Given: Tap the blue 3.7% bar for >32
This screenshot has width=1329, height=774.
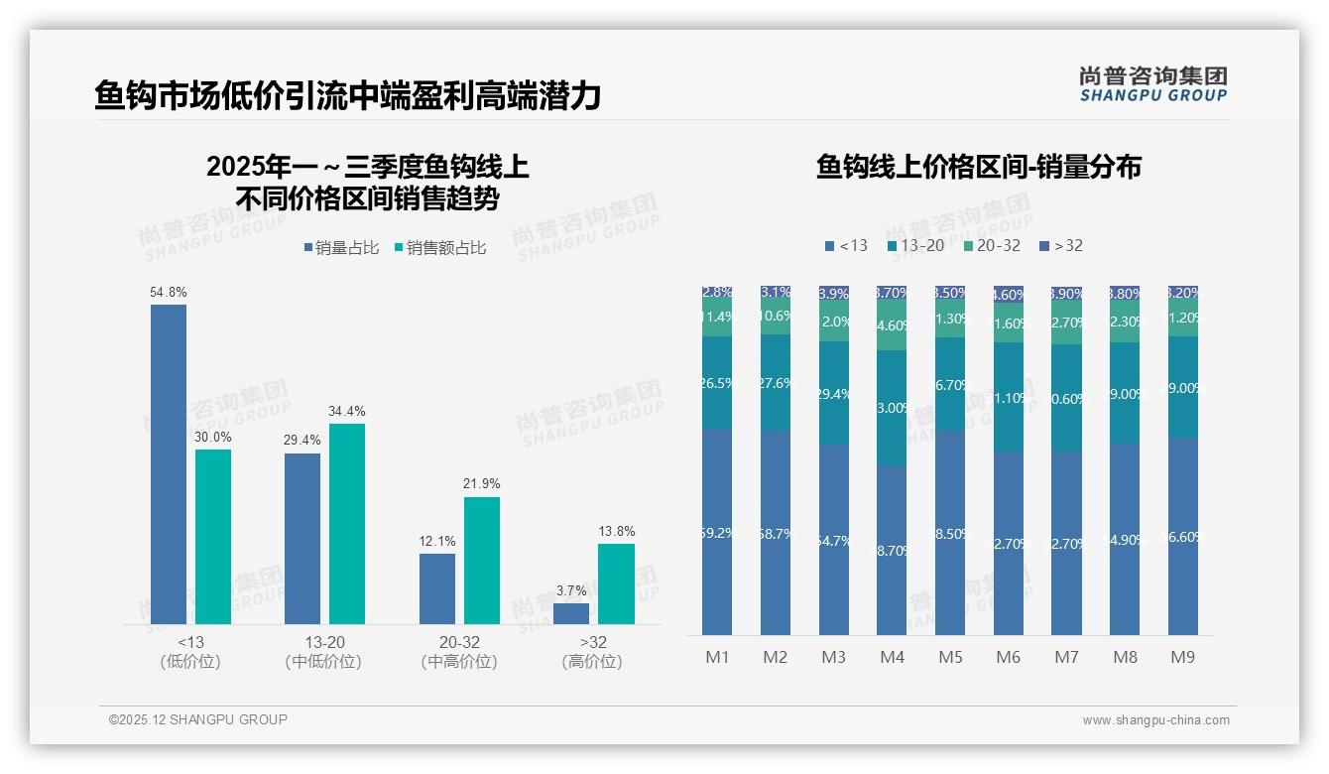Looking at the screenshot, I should point(571,613).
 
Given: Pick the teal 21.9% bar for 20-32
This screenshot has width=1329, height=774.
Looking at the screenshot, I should point(482,560).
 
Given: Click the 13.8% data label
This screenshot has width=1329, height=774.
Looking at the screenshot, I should point(616,532).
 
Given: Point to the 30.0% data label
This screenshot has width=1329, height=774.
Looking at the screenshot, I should point(213,438).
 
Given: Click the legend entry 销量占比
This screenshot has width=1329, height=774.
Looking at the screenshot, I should point(341,248).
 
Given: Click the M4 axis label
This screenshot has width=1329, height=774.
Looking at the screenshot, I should point(892,657).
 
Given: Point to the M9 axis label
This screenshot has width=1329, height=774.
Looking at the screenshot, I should point(1182,657).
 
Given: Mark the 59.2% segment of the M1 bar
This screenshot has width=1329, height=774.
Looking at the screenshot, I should point(717,532).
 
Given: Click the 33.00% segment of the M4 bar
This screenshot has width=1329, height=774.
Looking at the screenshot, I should point(892,408).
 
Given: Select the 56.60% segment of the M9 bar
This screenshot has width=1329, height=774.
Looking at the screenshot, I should point(1182,536).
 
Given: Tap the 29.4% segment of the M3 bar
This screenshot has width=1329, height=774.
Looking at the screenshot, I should point(833,393).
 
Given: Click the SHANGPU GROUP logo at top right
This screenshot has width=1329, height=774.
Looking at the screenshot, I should point(1153,84).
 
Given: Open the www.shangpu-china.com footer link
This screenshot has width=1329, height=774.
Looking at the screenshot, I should point(1155,720).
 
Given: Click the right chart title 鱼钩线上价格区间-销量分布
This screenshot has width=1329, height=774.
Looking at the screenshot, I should point(978,167).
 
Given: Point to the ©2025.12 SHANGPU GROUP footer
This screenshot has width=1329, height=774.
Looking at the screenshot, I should point(198,719).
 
